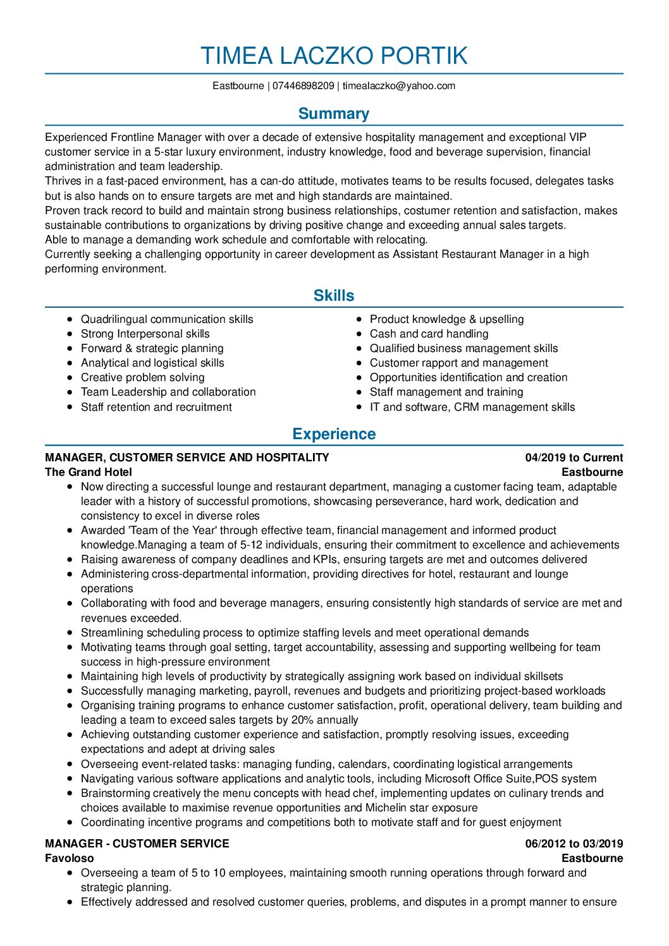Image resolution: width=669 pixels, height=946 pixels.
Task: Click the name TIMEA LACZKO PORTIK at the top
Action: coord(334,56)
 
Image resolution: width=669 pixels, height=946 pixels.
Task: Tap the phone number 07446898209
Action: coord(304,86)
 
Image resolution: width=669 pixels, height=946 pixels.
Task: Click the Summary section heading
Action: coord(334,114)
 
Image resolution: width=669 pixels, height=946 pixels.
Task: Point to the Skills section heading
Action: coord(334,296)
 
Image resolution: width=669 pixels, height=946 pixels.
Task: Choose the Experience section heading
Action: coord(334,434)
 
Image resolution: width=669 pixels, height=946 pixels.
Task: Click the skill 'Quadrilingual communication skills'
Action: coord(167,320)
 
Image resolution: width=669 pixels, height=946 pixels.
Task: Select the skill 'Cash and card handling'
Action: coord(429,334)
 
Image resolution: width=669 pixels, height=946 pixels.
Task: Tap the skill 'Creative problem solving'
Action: coord(143,378)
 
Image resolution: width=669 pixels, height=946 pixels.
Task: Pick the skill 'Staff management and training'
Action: coord(446,392)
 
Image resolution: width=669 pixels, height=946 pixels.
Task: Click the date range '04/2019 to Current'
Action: coord(574,458)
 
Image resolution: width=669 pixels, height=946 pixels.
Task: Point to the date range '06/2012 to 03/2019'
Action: coord(574,844)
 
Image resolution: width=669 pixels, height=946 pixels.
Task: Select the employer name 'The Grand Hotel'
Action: coord(89,472)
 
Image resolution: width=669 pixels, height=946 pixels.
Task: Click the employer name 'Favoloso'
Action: coord(70,858)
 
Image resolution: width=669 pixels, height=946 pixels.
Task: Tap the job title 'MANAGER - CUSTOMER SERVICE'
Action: coord(137,844)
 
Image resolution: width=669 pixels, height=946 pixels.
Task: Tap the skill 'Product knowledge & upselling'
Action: coord(446,320)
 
